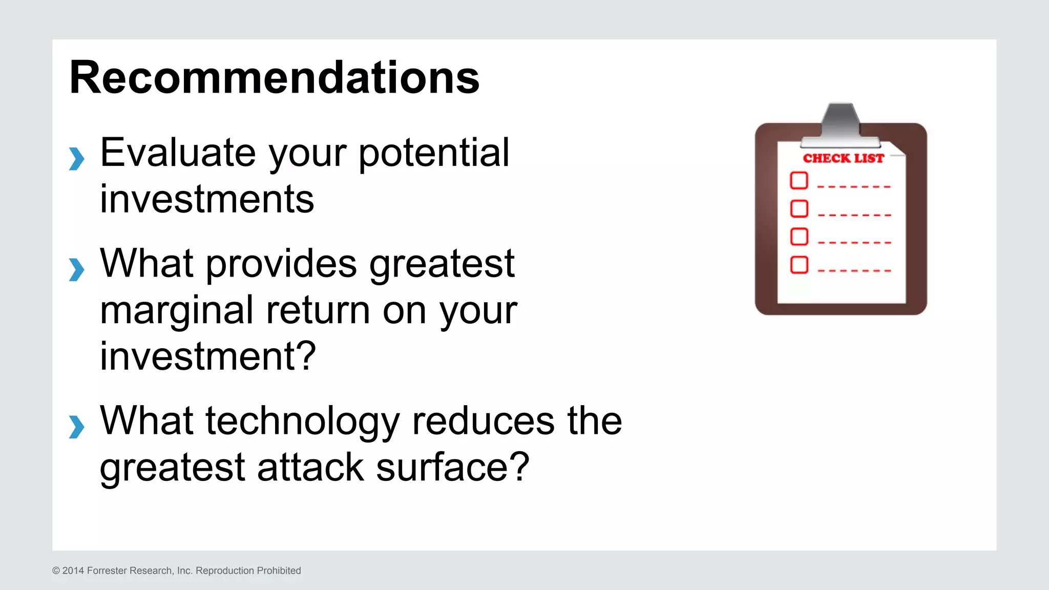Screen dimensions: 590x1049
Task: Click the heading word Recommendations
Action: tap(274, 78)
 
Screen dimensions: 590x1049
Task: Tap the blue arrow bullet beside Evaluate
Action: tap(76, 158)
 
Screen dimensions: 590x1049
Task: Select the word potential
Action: tap(433, 153)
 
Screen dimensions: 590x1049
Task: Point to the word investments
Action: tap(206, 199)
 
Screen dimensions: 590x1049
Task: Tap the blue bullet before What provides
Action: tap(76, 269)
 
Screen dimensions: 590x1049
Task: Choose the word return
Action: tap(318, 310)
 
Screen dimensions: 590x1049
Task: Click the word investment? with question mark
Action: tap(207, 356)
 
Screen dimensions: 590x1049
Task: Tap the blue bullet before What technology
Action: tap(76, 427)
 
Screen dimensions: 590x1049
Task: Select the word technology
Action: tap(302, 421)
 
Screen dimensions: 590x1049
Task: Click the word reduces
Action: tap(483, 421)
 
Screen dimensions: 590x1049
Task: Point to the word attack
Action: tap(310, 467)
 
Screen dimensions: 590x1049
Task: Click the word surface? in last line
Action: tap(452, 467)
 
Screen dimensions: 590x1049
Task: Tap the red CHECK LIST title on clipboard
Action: tap(843, 158)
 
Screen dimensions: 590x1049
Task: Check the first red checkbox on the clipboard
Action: tap(799, 181)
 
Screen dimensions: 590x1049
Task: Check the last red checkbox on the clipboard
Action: tap(799, 265)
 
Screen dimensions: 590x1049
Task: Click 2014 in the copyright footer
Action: tap(73, 571)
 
